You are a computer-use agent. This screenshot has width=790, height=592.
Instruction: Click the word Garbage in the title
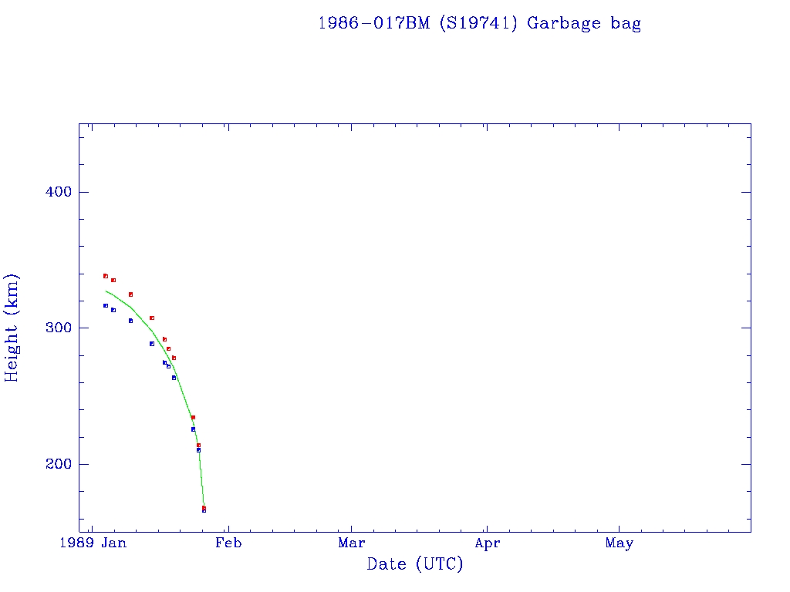click(565, 23)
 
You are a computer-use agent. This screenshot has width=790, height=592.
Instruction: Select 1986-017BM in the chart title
click(375, 23)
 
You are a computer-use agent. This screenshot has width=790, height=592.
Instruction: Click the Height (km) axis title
click(12, 328)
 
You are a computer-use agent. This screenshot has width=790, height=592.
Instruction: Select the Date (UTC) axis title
click(415, 564)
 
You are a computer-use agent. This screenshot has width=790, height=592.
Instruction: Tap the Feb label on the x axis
click(228, 543)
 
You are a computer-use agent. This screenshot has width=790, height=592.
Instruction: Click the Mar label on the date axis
click(352, 543)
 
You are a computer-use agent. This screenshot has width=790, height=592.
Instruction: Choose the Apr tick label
click(487, 543)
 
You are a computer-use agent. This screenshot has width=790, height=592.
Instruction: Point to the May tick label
click(620, 543)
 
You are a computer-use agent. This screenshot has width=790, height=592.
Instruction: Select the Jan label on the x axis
click(113, 543)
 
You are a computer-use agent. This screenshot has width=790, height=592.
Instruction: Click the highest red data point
click(106, 276)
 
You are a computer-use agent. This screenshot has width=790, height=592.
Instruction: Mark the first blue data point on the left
click(106, 306)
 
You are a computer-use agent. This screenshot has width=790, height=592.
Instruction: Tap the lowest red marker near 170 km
click(204, 507)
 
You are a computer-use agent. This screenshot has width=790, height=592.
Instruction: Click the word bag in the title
click(626, 23)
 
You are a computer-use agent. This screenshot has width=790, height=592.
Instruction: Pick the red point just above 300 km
click(152, 318)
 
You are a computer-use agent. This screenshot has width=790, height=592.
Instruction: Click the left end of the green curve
click(106, 291)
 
